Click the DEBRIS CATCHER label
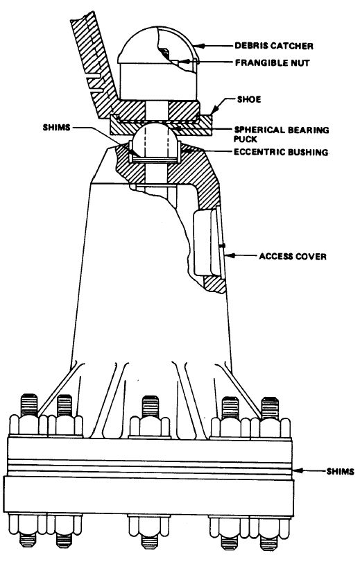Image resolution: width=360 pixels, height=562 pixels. click(274, 46)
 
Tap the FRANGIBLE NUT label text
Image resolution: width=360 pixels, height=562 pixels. click(272, 62)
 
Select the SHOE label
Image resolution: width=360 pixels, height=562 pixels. click(249, 99)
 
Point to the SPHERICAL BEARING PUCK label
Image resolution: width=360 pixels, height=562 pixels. click(281, 134)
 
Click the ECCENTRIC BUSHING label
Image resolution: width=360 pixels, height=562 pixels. click(281, 152)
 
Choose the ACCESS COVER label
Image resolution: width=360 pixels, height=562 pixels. click(293, 257)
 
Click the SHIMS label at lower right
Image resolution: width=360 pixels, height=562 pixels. click(341, 471)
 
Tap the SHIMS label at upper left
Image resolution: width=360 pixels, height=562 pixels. click(57, 127)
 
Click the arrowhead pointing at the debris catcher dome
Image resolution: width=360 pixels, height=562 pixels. click(199, 46)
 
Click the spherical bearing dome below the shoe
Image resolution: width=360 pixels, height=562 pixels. click(155, 135)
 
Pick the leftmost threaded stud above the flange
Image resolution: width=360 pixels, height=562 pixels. click(29, 405)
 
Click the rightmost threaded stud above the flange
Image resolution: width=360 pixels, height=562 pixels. click(270, 408)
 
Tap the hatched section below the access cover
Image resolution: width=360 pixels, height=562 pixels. click(215, 284)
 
